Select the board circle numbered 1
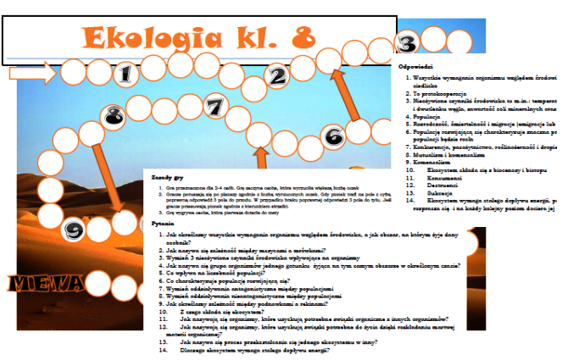125,75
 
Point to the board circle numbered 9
75,230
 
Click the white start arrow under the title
29,75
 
